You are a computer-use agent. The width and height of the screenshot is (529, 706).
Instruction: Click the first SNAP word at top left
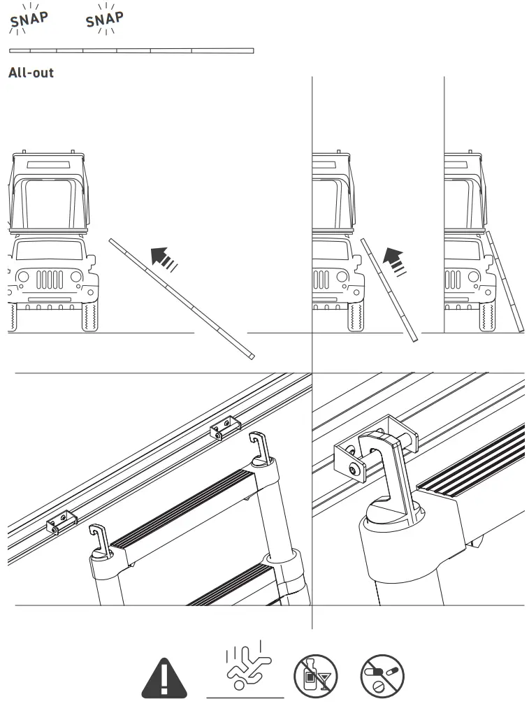pos(28,21)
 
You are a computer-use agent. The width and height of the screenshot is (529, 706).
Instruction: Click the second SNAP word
pos(105,20)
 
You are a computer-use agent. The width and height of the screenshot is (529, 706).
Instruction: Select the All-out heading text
pos(31,72)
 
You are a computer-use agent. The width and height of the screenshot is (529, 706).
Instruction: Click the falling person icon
pos(245,670)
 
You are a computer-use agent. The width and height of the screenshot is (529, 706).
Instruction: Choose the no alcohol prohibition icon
pos(315,677)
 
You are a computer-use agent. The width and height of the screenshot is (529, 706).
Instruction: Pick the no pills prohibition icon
pos(382,677)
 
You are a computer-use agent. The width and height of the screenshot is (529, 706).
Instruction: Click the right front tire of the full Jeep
pos(90,317)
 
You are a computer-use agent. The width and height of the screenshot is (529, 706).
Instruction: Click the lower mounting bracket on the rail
pos(61,521)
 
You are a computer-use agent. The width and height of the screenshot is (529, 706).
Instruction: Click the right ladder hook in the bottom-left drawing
pos(256,447)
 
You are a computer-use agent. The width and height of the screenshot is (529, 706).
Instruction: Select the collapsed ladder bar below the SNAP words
pos(131,50)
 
